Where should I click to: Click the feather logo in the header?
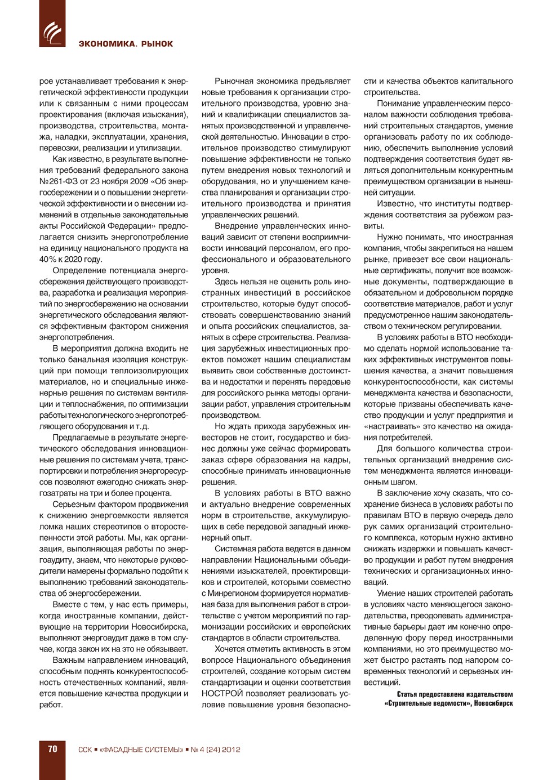52,33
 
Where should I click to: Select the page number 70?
52,749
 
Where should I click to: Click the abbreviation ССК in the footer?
84,750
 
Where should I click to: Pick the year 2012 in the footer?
231,750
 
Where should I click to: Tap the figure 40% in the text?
48,259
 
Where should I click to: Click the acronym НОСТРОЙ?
222,693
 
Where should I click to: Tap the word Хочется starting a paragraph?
230,649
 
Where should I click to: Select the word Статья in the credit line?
409,694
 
